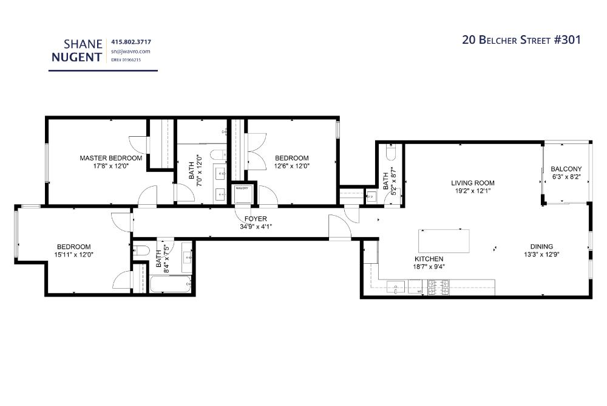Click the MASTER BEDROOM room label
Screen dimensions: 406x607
[x=111, y=158]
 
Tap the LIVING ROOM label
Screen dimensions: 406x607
[x=472, y=183]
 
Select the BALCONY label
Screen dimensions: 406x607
[x=566, y=169]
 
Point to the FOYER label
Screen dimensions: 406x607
[x=256, y=219]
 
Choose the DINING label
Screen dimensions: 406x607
[x=541, y=247]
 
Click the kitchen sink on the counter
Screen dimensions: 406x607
[x=396, y=286]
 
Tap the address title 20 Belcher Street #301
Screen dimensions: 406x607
[x=521, y=40]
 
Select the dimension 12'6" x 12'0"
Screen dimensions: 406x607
[x=292, y=166]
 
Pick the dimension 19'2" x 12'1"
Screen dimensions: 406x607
[x=472, y=191]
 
